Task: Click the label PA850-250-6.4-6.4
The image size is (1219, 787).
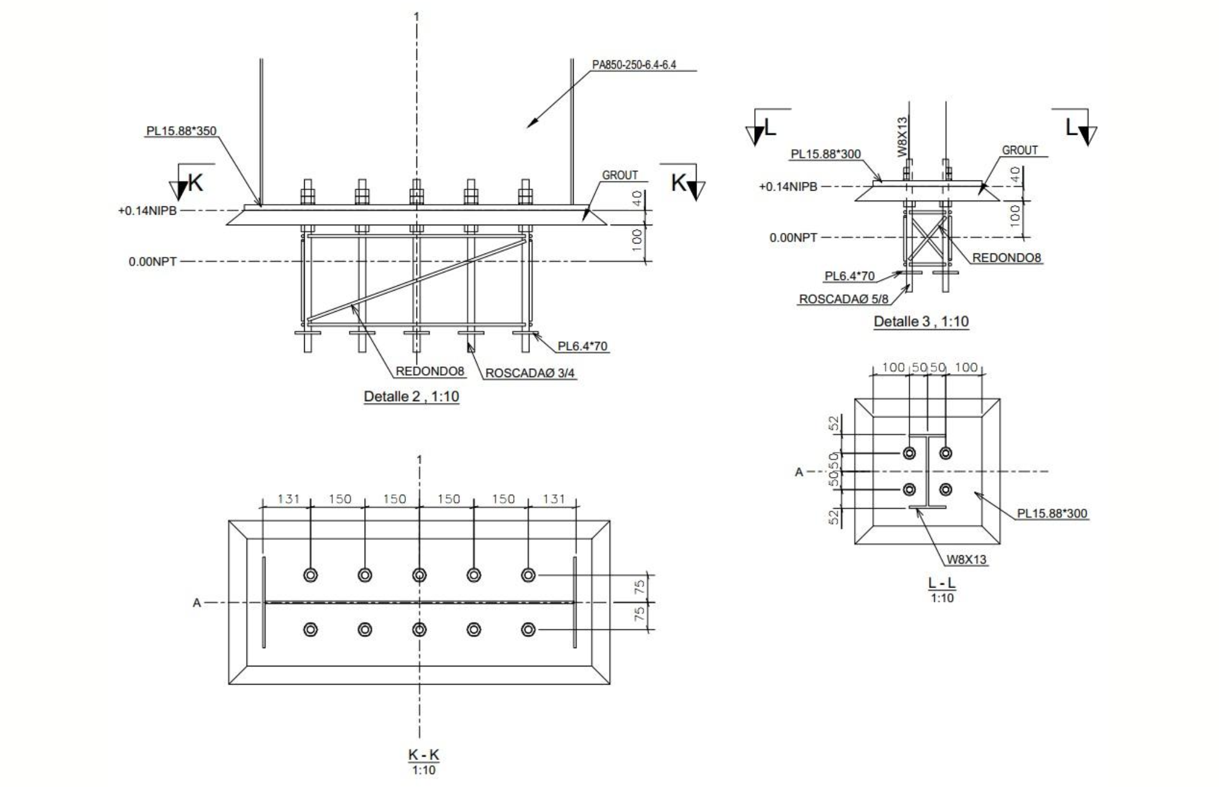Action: coord(634,65)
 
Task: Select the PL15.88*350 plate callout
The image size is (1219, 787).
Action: coord(181,131)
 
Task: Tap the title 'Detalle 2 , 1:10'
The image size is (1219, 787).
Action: coord(411,396)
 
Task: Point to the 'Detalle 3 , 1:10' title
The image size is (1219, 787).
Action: coord(921,322)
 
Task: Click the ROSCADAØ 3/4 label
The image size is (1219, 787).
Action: coord(529,373)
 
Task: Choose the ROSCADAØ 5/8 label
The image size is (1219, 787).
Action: coord(844,299)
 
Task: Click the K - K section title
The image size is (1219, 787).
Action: coord(424,755)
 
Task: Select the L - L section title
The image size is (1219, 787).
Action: coord(942,583)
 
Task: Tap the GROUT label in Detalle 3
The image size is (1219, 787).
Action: coord(1020,151)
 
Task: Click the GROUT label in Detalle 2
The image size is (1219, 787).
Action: coord(620,175)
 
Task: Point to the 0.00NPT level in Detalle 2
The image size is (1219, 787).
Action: coord(152,262)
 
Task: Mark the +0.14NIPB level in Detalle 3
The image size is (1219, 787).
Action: coord(788,187)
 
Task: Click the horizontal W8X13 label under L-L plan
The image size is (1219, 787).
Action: coord(966,559)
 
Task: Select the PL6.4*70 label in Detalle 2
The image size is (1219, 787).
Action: coord(582,346)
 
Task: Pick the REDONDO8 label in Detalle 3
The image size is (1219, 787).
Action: coord(1007,258)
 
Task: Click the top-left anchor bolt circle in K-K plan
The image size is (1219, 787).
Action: coord(311,575)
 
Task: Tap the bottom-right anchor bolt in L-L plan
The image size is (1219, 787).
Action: coord(945,489)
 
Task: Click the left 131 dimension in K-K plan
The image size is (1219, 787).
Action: coord(288,499)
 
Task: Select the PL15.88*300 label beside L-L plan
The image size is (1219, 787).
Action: coord(1053,513)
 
